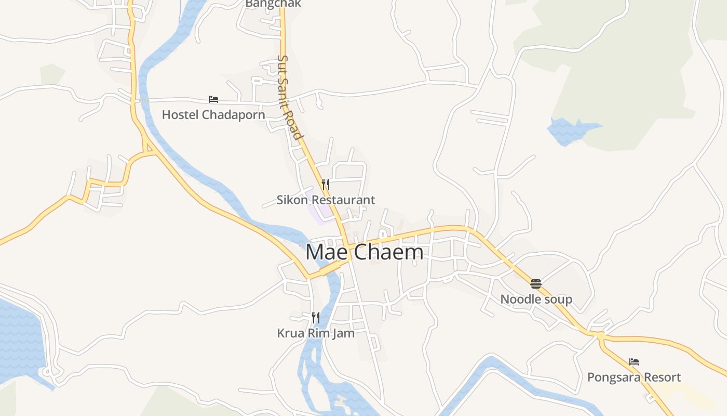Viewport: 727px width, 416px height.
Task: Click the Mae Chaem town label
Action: click(x=364, y=253)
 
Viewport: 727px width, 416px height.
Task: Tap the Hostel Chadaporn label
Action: click(x=213, y=115)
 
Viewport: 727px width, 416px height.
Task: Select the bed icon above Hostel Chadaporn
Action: click(x=213, y=99)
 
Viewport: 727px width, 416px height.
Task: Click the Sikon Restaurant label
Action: click(x=326, y=200)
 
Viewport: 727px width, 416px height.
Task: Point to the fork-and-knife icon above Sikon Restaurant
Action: click(x=326, y=184)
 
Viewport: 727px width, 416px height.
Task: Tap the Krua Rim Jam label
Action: click(x=316, y=333)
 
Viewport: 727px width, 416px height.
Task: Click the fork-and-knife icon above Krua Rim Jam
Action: click(x=316, y=317)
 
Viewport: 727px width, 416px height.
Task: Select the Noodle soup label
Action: click(x=536, y=299)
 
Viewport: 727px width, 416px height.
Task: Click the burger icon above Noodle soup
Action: click(x=536, y=284)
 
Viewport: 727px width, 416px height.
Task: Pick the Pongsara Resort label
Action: click(x=634, y=377)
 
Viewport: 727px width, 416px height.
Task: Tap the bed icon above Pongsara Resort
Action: click(x=634, y=362)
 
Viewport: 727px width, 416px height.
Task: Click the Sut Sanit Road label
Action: click(x=290, y=97)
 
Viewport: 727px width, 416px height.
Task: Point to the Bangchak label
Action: click(x=273, y=4)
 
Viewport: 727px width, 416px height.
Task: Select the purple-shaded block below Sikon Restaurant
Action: click(x=320, y=211)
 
